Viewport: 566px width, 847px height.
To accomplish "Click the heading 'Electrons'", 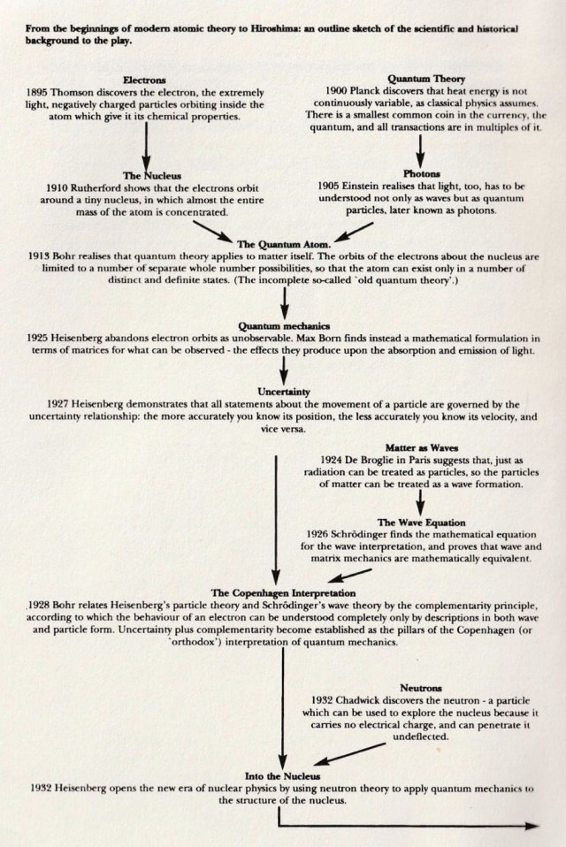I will tap(144, 80).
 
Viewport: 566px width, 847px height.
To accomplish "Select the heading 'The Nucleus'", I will tap(144, 174).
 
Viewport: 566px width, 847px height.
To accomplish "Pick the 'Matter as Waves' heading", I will tap(421, 448).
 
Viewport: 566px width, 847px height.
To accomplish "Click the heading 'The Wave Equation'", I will tap(421, 523).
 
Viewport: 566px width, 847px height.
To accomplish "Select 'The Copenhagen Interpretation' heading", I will tap(283, 591).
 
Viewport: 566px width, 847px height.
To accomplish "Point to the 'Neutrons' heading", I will tap(420, 686).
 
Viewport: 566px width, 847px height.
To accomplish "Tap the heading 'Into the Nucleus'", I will tap(283, 775).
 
